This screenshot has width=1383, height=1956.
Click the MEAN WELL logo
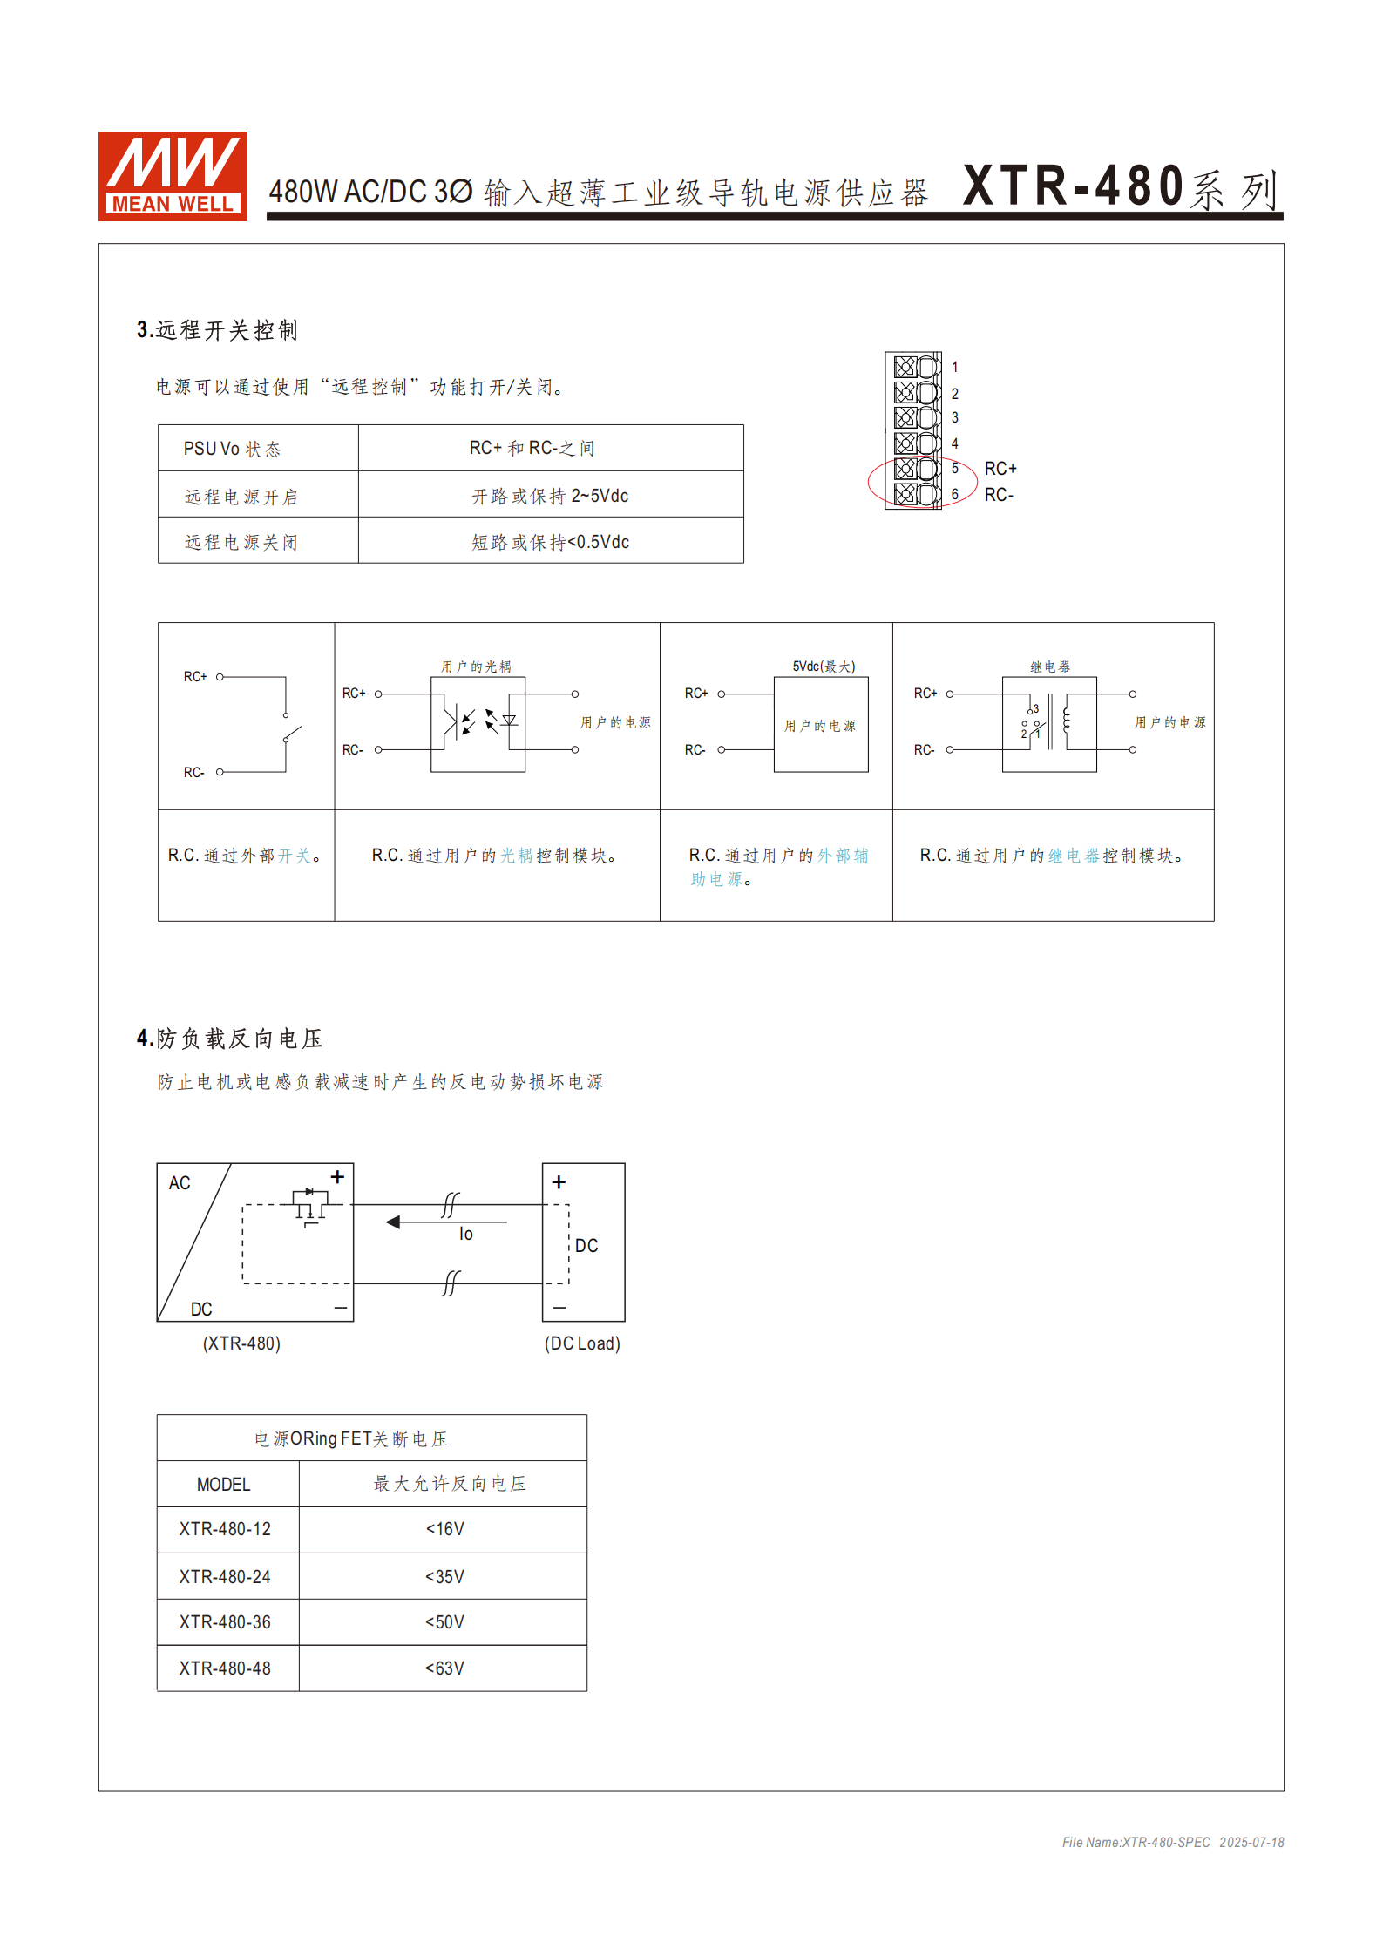coord(173,176)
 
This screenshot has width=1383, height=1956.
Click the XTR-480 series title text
coord(1120,186)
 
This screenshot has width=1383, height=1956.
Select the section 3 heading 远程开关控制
coord(217,330)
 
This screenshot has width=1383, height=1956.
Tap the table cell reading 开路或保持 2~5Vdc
coord(550,496)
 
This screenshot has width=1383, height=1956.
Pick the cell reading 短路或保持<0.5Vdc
coord(550,542)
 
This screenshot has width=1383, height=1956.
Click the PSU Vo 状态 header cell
coord(232,449)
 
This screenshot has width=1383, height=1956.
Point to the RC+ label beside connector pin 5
coord(1000,469)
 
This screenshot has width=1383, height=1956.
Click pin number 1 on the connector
coord(955,368)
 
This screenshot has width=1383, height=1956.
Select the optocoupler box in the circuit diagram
coord(478,724)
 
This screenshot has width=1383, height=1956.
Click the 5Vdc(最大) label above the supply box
coord(824,667)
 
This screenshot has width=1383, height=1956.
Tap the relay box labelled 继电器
coord(1049,724)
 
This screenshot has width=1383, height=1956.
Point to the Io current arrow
coord(444,1222)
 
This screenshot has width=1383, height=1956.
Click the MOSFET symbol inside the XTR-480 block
coord(310,1205)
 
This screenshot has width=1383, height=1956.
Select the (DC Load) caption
coord(582,1343)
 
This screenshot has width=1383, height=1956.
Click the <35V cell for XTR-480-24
coord(444,1576)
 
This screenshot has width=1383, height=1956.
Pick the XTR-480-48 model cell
coord(225,1668)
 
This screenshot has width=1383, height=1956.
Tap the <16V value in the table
coord(444,1529)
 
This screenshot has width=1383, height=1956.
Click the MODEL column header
coord(223,1484)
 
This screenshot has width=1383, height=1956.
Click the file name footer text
coord(1172,1842)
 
